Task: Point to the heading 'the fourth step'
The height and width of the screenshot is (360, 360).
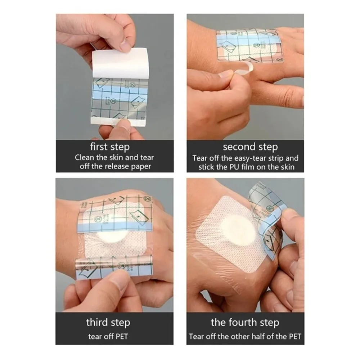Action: tap(245, 322)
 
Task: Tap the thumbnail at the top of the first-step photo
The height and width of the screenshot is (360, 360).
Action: tap(126, 46)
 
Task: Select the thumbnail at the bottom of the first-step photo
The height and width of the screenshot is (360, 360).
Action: tap(123, 125)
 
